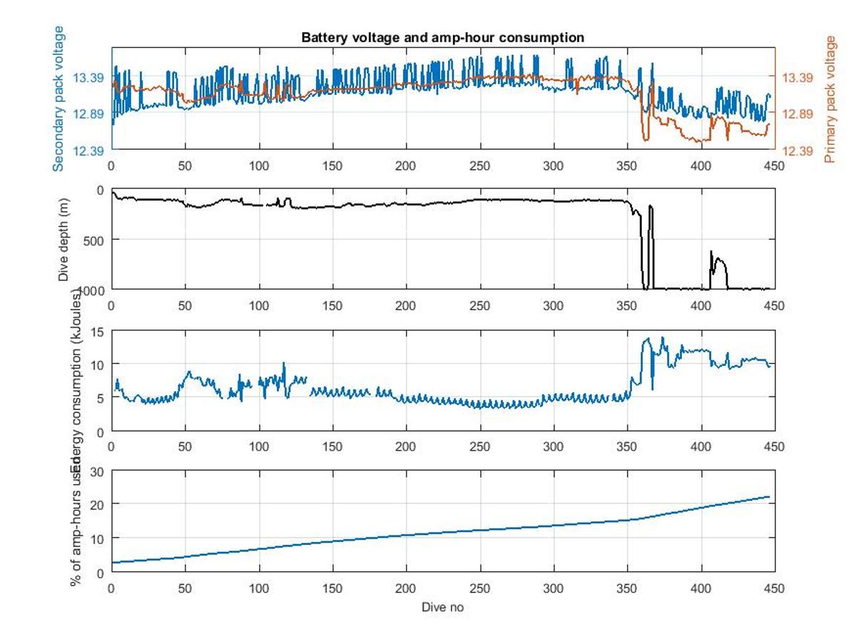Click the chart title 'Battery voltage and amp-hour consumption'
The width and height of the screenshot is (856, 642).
coord(442,37)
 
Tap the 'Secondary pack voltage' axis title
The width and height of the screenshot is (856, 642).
coord(58,98)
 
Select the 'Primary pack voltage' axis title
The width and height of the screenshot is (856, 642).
coord(830,98)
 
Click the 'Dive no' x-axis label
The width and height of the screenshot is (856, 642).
coord(442,607)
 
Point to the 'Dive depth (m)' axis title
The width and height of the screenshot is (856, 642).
coord(64,240)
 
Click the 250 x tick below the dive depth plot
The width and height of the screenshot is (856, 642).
coord(479,305)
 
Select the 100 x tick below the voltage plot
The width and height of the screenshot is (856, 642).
coord(259,165)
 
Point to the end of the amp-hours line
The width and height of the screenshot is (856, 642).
coord(769,496)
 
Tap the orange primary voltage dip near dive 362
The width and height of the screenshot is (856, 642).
coord(645,139)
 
